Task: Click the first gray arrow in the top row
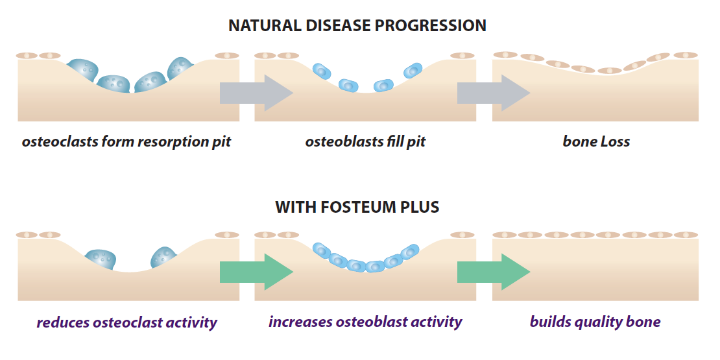tap(257, 93)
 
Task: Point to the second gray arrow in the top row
tap(494, 93)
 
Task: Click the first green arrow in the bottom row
tap(257, 272)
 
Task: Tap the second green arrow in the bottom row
tap(494, 272)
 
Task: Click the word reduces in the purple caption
tap(62, 322)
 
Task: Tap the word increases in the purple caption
tap(300, 322)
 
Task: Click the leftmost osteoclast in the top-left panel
tap(83, 70)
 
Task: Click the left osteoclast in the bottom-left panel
tap(101, 260)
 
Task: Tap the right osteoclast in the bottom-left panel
tap(164, 257)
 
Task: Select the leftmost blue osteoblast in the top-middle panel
tap(322, 70)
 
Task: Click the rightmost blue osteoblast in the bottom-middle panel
tap(409, 251)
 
